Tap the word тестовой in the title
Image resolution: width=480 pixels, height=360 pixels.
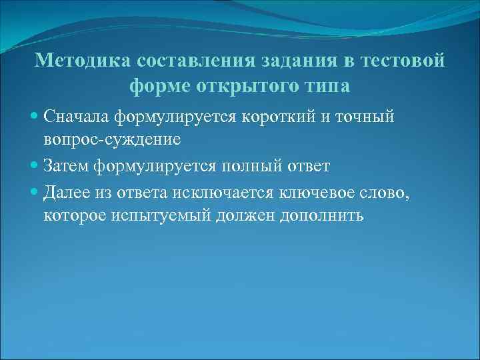pyautogui.click(x=402, y=61)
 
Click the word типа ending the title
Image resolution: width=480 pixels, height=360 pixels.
pyautogui.click(x=326, y=87)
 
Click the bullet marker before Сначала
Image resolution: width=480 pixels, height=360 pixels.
pyautogui.click(x=35, y=117)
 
